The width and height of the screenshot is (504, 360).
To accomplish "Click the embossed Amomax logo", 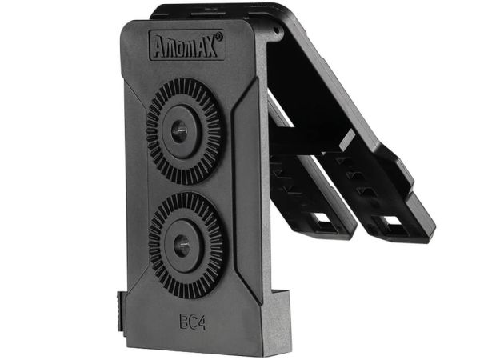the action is pyautogui.click(x=186, y=46).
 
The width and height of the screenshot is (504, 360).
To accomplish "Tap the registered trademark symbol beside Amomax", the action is pyautogui.click(x=219, y=36).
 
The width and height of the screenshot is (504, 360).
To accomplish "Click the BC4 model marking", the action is pyautogui.click(x=193, y=322).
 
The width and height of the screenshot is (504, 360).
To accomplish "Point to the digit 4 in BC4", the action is pyautogui.click(x=202, y=322).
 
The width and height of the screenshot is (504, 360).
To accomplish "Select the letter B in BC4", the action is pyautogui.click(x=183, y=322).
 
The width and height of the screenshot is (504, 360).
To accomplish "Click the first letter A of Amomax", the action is pyautogui.click(x=161, y=47).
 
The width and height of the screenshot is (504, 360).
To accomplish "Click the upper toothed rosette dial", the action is pyautogui.click(x=184, y=131).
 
